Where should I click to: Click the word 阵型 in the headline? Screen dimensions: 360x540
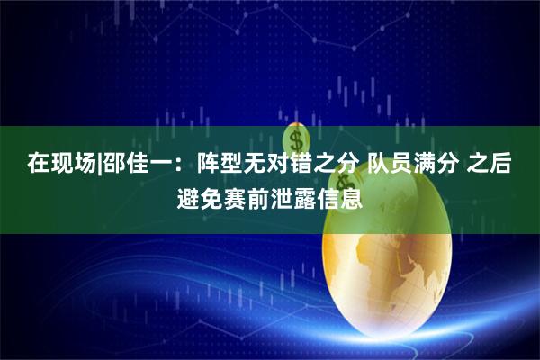pos(200,165)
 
